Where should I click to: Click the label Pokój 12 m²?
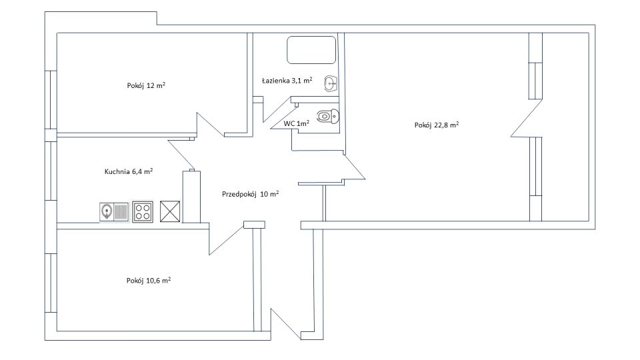pyautogui.click(x=146, y=86)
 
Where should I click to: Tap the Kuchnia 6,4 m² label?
pyautogui.click(x=129, y=171)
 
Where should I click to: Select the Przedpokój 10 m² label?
pyautogui.click(x=250, y=194)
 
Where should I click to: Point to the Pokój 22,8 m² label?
pyautogui.click(x=436, y=125)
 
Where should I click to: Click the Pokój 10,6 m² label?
pyautogui.click(x=149, y=281)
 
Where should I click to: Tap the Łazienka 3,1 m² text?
pyautogui.click(x=287, y=81)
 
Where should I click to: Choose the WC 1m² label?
pyautogui.click(x=296, y=123)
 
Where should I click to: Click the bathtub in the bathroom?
pyautogui.click(x=311, y=50)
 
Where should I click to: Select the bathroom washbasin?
pyautogui.click(x=331, y=84)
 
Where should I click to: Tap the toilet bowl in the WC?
pyautogui.click(x=328, y=116)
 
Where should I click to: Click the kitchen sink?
pyautogui.click(x=114, y=212)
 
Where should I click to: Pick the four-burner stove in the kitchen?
pyautogui.click(x=143, y=212)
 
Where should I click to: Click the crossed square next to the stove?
pyautogui.click(x=170, y=211)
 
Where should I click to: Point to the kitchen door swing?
pyautogui.click(x=181, y=154)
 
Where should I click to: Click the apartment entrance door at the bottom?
pyautogui.click(x=286, y=325)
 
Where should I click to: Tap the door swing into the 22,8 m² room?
pyautogui.click(x=354, y=168)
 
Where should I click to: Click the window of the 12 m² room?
pyautogui.click(x=51, y=100)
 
